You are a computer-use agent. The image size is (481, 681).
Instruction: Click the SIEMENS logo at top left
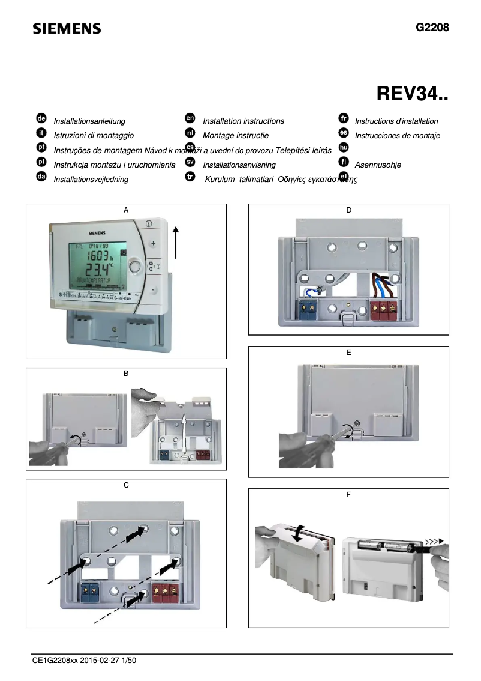pos(67,29)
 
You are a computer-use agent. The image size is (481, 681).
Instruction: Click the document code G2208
pos(432,28)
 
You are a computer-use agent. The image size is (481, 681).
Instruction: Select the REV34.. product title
pos(412,94)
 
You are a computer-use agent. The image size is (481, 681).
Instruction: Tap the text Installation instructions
pos(243,121)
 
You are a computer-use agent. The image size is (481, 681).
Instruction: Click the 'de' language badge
pos(41,120)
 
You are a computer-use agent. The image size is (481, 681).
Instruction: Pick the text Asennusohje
pos(378,165)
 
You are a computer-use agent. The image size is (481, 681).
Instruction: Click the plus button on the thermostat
pos(152,244)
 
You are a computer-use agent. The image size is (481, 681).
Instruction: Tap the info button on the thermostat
pos(148,223)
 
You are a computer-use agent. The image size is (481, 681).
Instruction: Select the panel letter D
pos(348,210)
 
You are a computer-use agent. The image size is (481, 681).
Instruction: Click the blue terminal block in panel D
pos(308,310)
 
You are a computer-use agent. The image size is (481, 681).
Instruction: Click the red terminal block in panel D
pos(384,310)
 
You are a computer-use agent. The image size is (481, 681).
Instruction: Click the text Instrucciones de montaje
pos(397,135)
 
